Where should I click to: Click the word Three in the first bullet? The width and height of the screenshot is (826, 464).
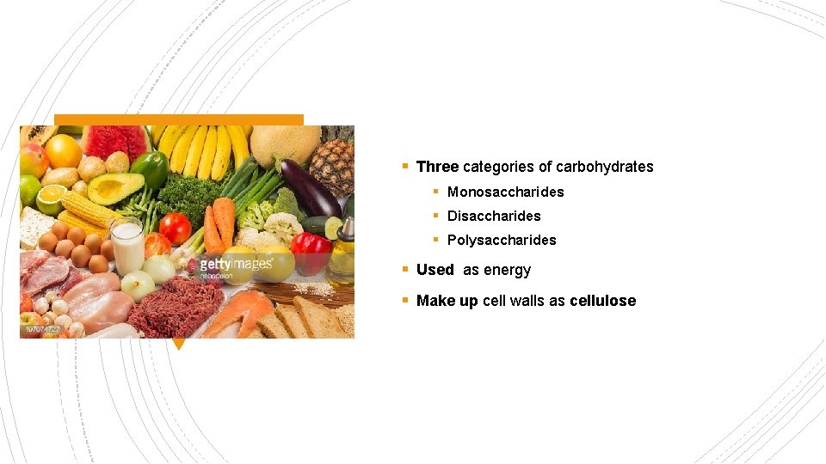(x=437, y=167)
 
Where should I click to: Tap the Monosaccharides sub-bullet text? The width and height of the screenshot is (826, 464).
(x=505, y=192)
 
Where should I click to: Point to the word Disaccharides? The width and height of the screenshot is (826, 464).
(x=494, y=216)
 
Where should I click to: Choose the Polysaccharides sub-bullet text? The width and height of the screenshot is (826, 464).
(x=502, y=240)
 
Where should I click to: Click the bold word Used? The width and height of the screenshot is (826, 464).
(x=435, y=270)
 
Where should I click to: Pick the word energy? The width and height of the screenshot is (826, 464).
(x=507, y=271)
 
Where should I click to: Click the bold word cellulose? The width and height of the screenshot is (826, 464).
(x=602, y=301)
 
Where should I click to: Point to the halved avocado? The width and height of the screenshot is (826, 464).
(x=114, y=188)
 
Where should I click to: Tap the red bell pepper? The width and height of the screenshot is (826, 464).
(x=311, y=252)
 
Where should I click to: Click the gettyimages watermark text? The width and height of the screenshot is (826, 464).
(x=236, y=264)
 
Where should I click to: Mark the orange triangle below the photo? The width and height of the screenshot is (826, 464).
(x=178, y=344)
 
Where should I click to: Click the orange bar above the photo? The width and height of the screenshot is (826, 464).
(x=179, y=119)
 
